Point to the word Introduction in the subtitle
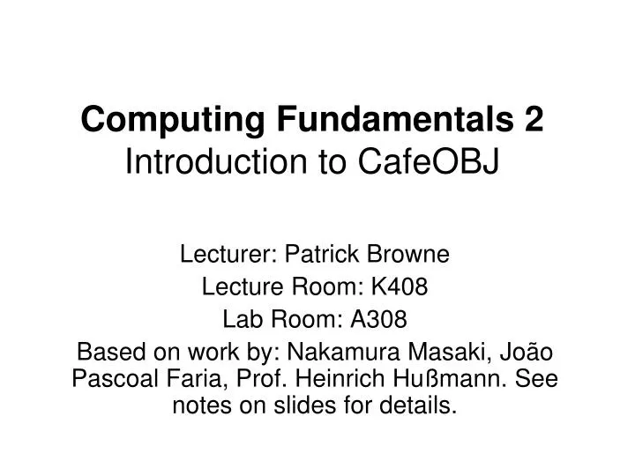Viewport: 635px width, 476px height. pos(206,161)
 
